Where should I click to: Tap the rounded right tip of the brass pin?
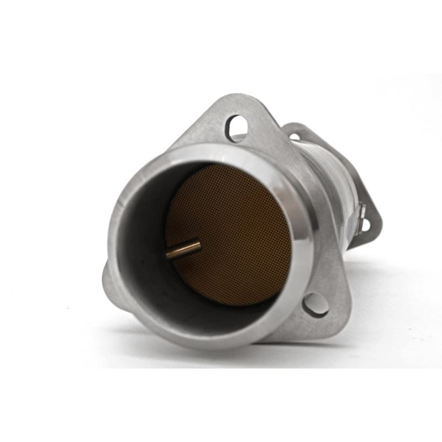pyautogui.click(x=198, y=243)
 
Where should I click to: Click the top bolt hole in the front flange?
pyautogui.click(x=236, y=128)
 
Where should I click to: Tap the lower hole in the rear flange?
pyautogui.click(x=365, y=225)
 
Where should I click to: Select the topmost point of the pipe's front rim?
pyautogui.click(x=221, y=145)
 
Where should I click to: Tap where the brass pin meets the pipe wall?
pyautogui.click(x=168, y=255)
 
